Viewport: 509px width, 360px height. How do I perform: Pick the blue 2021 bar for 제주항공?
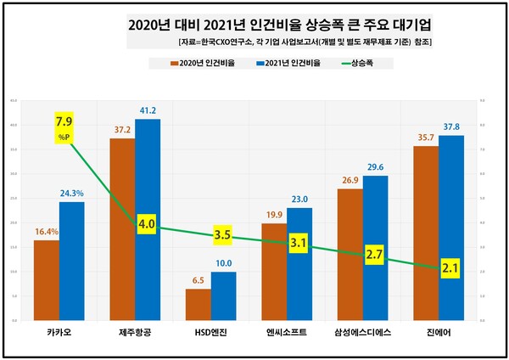[x=147, y=221]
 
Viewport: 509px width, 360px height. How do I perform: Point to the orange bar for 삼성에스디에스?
[x=350, y=255]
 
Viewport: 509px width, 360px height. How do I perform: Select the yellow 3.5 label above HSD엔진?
[x=223, y=233]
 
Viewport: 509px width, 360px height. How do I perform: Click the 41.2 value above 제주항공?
[x=148, y=110]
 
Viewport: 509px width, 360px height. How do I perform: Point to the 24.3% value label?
[x=72, y=193]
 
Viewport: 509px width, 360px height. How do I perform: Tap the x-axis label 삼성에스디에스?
[x=362, y=333]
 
